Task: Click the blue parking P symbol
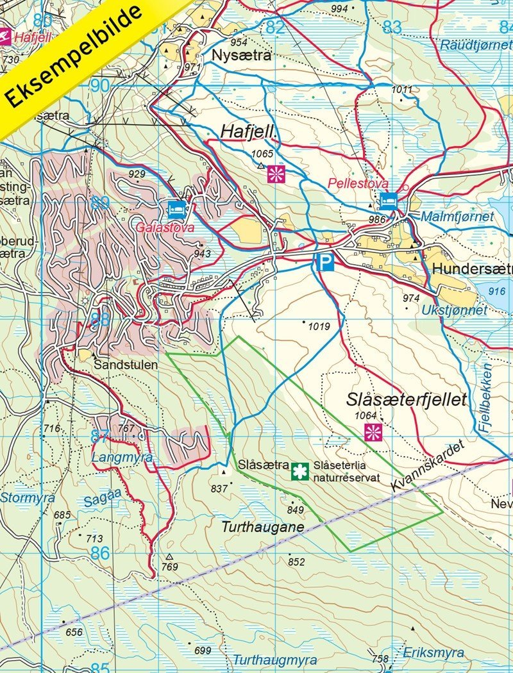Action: click(325, 262)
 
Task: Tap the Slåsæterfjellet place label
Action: click(405, 400)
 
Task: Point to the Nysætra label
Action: click(241, 56)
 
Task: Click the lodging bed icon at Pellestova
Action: click(386, 200)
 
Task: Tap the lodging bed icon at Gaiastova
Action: click(176, 208)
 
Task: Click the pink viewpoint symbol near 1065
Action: click(276, 173)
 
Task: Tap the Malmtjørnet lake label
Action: click(457, 217)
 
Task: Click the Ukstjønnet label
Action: click(455, 310)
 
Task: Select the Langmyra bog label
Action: click(122, 458)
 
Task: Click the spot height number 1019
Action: click(319, 326)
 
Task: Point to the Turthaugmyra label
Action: click(274, 660)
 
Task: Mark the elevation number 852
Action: click(296, 562)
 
